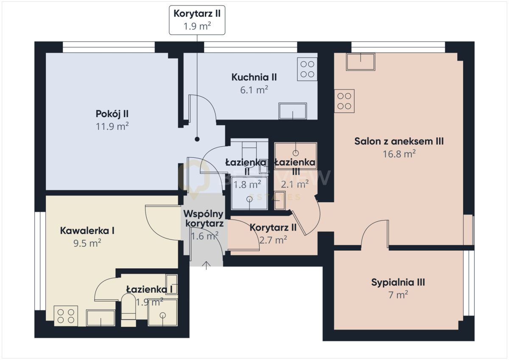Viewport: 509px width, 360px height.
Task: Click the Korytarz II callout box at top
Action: tap(197, 20)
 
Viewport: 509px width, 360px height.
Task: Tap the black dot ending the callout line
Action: tap(197, 139)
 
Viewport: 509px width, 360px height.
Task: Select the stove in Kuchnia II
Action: tap(307, 69)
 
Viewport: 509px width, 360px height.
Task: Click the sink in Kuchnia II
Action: tap(293, 111)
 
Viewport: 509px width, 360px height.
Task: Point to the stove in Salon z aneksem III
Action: tap(344, 101)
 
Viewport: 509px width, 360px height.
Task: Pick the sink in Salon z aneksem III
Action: tap(361, 61)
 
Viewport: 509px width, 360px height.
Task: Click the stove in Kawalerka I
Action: tap(66, 316)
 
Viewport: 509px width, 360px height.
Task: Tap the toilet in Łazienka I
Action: tap(129, 310)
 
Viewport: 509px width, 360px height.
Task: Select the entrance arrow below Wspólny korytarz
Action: tap(206, 265)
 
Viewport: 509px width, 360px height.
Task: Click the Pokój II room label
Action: tap(112, 114)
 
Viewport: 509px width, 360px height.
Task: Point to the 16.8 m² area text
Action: tap(399, 154)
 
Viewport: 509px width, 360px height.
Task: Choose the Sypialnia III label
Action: tap(398, 282)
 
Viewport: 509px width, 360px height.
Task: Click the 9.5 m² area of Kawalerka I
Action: tap(87, 243)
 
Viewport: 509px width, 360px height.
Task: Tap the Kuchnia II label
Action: tap(254, 77)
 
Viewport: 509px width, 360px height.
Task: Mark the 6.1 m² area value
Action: tap(254, 90)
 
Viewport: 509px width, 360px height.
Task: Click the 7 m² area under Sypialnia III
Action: tap(398, 295)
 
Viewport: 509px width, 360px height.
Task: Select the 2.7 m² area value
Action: tap(273, 240)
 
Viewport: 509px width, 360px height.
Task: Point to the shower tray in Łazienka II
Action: tap(249, 193)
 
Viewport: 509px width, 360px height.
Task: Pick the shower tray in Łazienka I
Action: tap(162, 313)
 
